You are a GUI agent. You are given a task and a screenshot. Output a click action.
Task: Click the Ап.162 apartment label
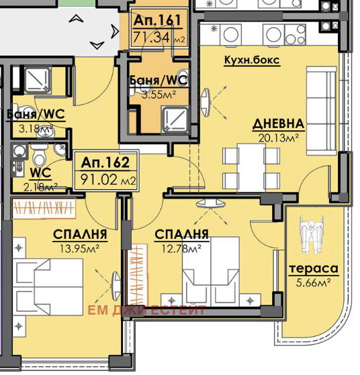[105, 162]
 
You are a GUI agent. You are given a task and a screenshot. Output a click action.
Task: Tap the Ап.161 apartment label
[157, 20]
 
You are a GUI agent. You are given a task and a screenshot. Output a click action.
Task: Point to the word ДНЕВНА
[278, 124]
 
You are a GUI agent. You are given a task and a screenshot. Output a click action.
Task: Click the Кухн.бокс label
[252, 60]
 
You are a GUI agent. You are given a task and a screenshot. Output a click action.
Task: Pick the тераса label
[313, 269]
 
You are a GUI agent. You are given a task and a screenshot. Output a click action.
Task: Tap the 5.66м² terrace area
[314, 283]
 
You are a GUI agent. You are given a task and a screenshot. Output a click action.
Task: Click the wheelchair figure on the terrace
[312, 234]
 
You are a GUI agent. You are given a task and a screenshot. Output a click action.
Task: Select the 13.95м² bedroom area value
[79, 249]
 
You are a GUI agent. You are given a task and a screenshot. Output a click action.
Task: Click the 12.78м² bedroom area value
[181, 249]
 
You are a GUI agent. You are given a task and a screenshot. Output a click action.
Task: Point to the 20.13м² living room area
[279, 138]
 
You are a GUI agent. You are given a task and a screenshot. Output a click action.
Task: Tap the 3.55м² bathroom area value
[159, 95]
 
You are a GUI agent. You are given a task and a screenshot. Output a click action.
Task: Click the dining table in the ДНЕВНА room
[251, 168]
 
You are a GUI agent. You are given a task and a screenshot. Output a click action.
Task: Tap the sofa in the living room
[322, 111]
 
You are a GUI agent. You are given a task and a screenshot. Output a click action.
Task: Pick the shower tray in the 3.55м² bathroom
[175, 119]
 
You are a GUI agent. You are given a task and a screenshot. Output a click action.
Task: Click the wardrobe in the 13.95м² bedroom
[44, 208]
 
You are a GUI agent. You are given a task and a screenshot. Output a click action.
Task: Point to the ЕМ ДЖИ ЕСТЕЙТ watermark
[147, 310]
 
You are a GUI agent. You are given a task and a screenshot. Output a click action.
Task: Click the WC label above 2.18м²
[40, 172]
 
